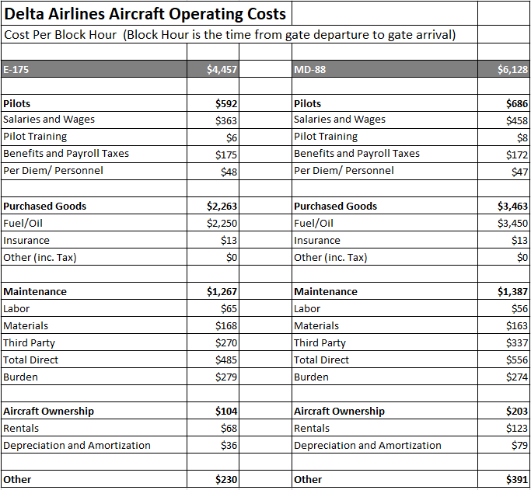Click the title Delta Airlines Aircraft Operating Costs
(145, 13)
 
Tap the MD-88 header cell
(309, 69)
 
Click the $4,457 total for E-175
(222, 69)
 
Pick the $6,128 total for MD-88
(513, 69)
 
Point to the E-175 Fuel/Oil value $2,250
(222, 224)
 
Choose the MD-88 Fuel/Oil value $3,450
(513, 224)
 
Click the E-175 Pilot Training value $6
(232, 137)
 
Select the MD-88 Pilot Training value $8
(522, 137)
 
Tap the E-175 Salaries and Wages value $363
(226, 120)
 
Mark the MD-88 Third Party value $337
(517, 343)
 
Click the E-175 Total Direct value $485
(226, 360)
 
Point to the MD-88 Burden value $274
(517, 377)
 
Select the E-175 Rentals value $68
(229, 429)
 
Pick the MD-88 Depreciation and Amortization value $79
(520, 446)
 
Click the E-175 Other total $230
(226, 480)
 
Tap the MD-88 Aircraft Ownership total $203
(517, 412)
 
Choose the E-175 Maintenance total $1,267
(222, 292)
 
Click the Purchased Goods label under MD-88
(335, 207)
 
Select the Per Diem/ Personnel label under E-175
(53, 171)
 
